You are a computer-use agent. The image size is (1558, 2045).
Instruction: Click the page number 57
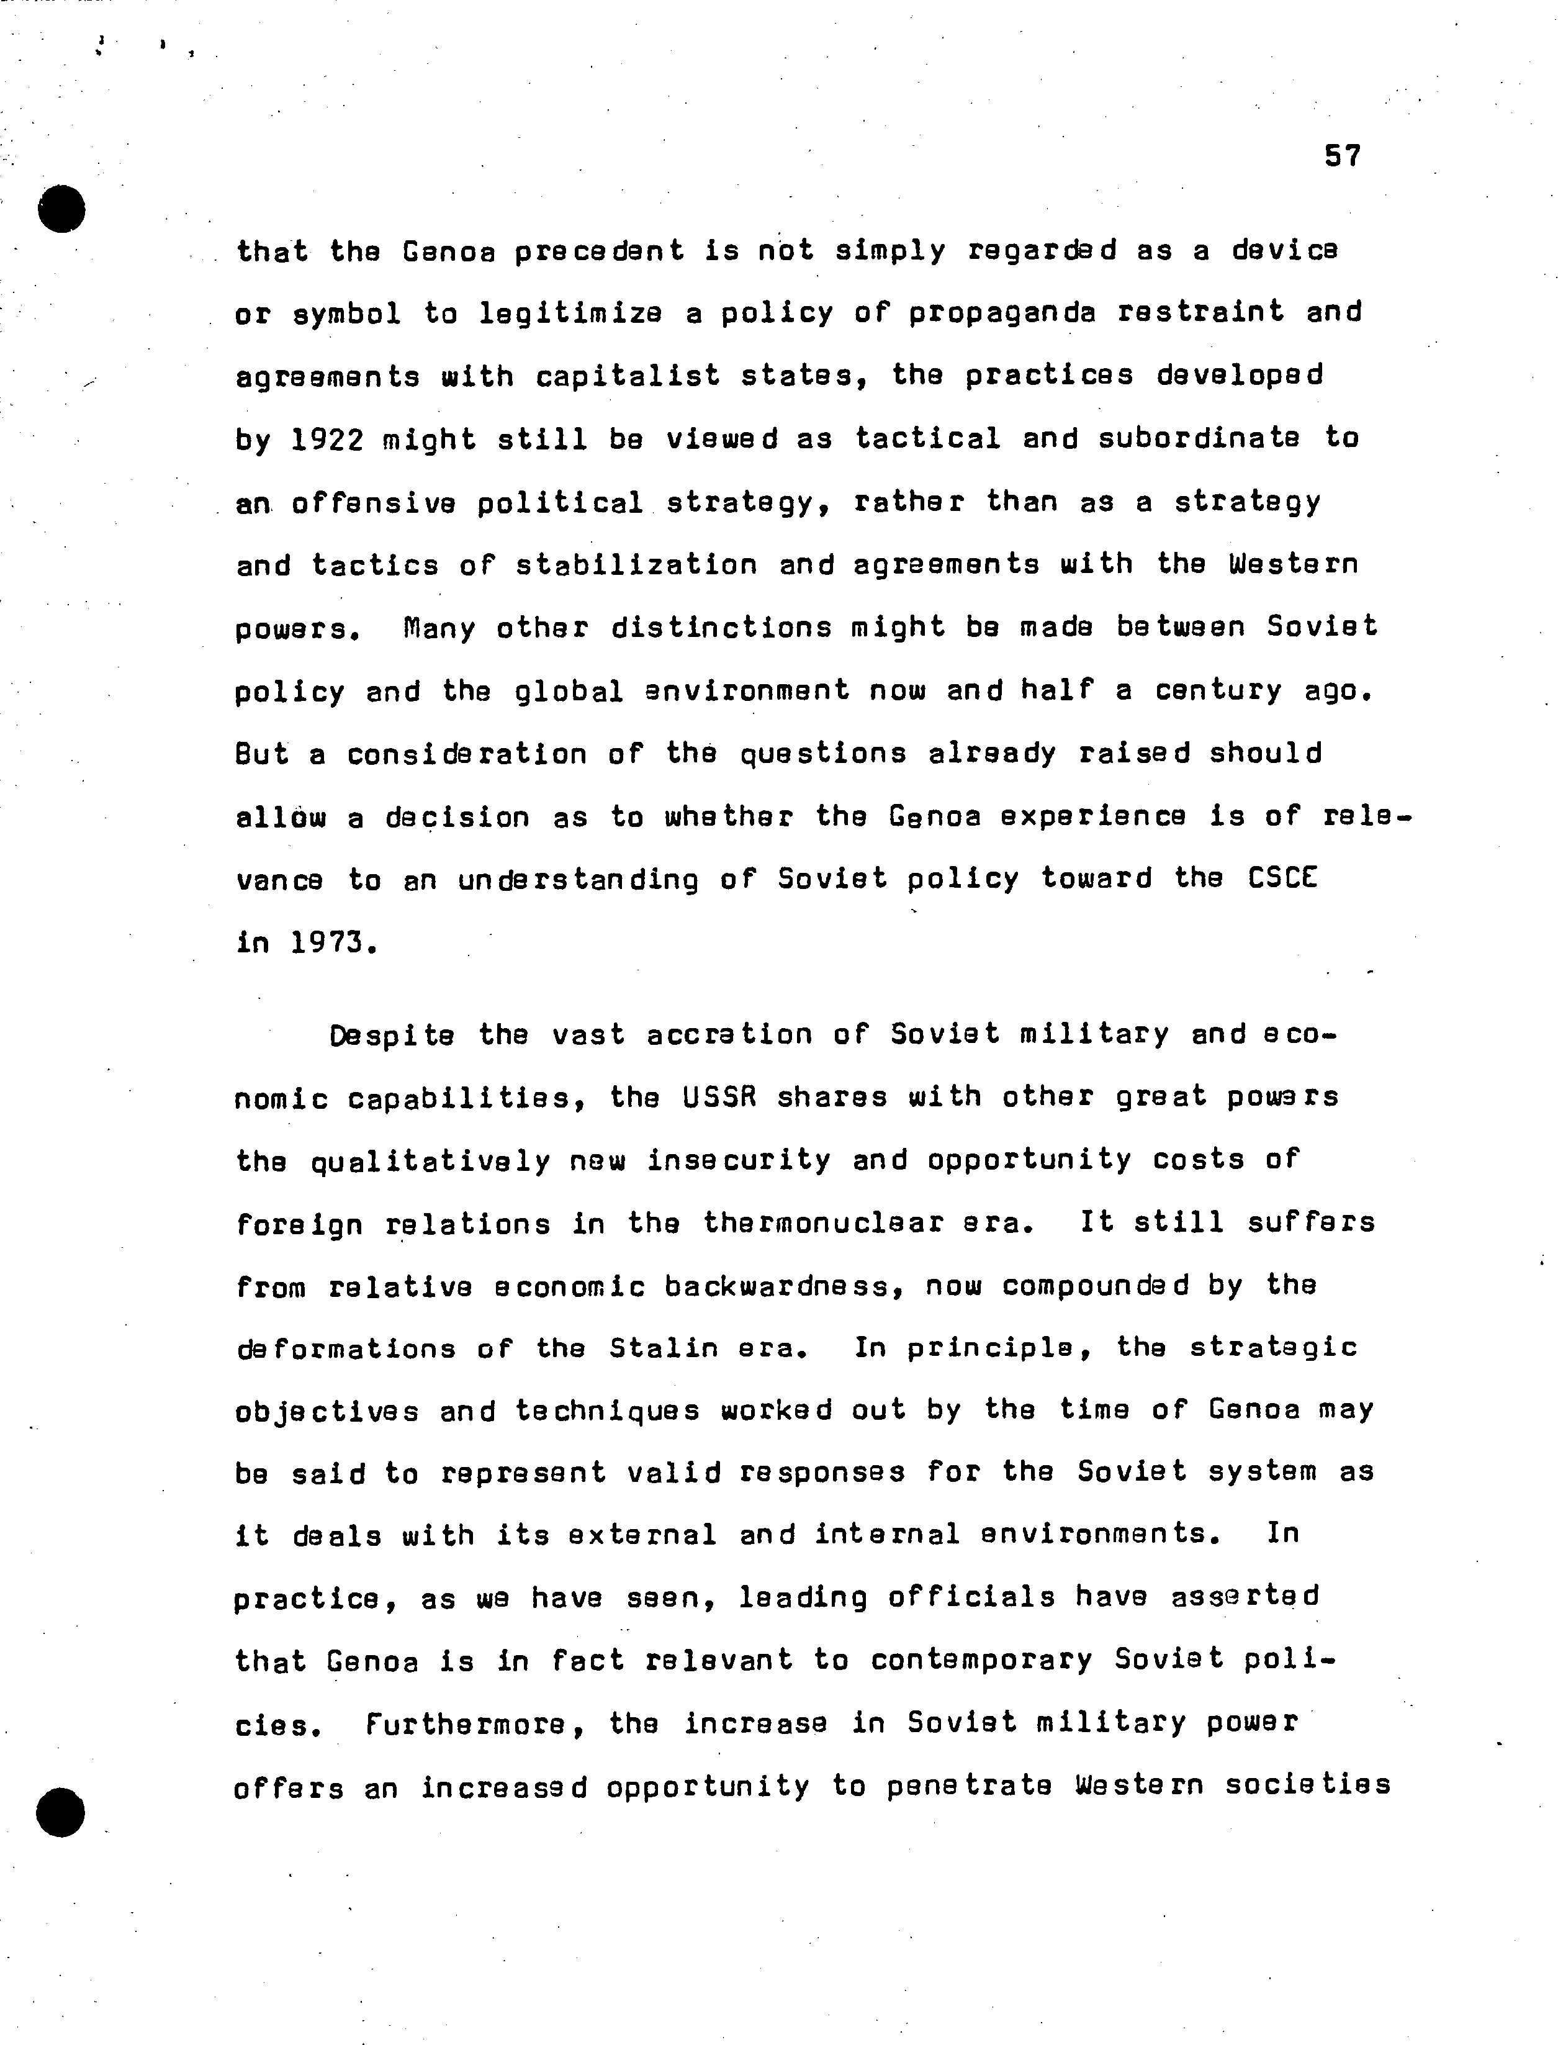tap(1342, 156)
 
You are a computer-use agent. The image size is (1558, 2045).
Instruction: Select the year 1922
tap(326, 439)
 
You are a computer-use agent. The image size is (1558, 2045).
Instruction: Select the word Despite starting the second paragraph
tap(391, 1035)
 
